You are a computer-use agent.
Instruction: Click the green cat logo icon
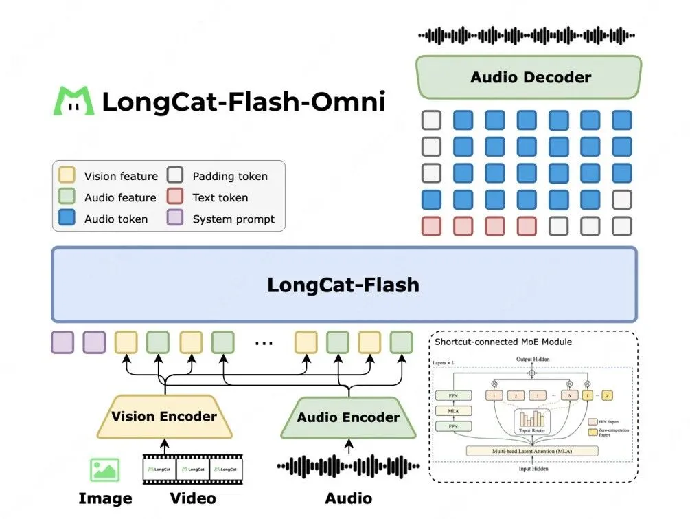[x=74, y=101]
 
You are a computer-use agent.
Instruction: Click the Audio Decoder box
[x=529, y=77]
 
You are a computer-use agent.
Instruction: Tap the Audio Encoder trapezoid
[x=348, y=417]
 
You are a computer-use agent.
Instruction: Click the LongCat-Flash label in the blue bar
[x=343, y=285]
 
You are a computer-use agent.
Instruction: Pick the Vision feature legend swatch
[x=68, y=176]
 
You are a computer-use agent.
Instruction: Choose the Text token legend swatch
[x=176, y=197]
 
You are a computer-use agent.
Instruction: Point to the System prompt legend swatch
[x=176, y=219]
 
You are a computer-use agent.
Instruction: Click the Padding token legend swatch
[x=176, y=176]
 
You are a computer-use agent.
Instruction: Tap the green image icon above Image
[x=104, y=470]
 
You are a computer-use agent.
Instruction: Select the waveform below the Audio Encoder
[x=347, y=467]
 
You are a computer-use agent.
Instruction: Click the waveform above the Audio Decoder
[x=527, y=36]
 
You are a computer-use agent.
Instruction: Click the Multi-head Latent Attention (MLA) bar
[x=532, y=451]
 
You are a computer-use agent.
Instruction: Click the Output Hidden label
[x=532, y=360]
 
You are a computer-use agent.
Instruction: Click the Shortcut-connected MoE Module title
[x=503, y=342]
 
